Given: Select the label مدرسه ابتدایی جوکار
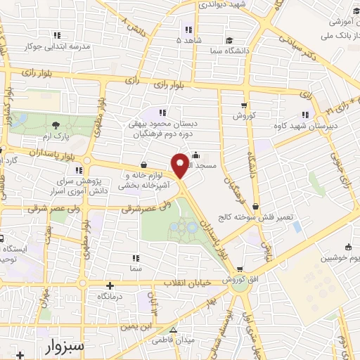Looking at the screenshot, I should point(59,47).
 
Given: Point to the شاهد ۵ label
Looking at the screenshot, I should point(188,40).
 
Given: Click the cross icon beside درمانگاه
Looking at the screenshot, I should point(110,285).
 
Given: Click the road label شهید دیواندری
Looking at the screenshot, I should point(221,5).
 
